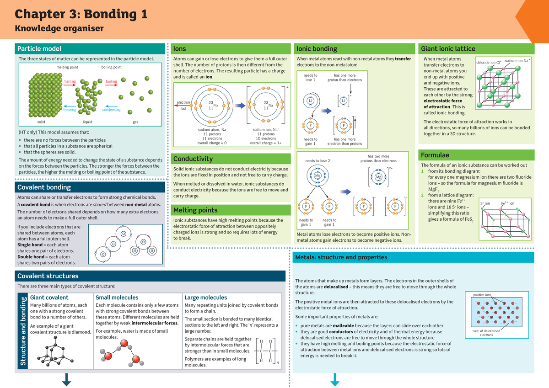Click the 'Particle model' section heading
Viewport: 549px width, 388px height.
(x=39, y=49)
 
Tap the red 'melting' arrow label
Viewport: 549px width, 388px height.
(x=70, y=82)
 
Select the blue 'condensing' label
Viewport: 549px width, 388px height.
(x=111, y=110)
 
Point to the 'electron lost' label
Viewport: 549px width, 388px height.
(x=183, y=106)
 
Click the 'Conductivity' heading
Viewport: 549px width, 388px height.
(x=193, y=159)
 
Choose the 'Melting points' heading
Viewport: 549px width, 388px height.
(x=195, y=210)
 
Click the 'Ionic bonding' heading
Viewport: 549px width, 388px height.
(x=317, y=49)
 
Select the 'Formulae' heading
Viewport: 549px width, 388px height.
(x=435, y=155)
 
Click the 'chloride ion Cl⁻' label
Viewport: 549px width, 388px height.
(x=489, y=63)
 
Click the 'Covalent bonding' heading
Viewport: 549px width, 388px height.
(x=44, y=187)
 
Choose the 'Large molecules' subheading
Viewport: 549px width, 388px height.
(x=205, y=298)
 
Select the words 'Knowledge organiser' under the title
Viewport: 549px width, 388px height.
(x=59, y=29)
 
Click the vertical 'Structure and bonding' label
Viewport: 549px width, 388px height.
(x=22, y=331)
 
